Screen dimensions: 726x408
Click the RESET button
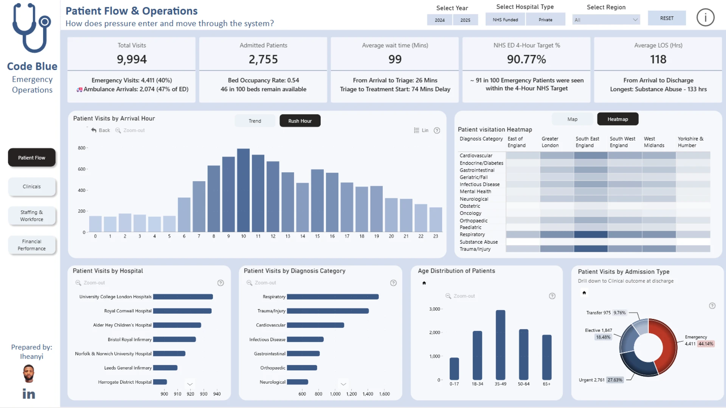(667, 18)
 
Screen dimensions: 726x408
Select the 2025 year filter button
(465, 20)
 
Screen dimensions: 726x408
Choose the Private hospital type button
(545, 20)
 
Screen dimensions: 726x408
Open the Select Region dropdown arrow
(635, 20)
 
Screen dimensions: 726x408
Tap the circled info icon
(705, 18)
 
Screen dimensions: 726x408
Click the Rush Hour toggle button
(300, 121)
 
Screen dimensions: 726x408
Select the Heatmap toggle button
(617, 119)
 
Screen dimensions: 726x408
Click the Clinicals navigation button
(32, 187)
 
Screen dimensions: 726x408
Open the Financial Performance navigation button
(32, 245)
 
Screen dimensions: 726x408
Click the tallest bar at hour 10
(243, 190)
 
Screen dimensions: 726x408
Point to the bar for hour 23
(436, 219)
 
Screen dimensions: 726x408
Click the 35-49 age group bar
(500, 345)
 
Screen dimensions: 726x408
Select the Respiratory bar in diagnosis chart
(333, 297)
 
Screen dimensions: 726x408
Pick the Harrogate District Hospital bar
(160, 382)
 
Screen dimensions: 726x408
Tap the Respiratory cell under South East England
(591, 235)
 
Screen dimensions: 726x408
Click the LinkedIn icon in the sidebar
(29, 394)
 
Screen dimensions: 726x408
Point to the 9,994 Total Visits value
(132, 59)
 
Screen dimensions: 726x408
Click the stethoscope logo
(32, 28)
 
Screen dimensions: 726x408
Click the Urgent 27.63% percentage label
(614, 380)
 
